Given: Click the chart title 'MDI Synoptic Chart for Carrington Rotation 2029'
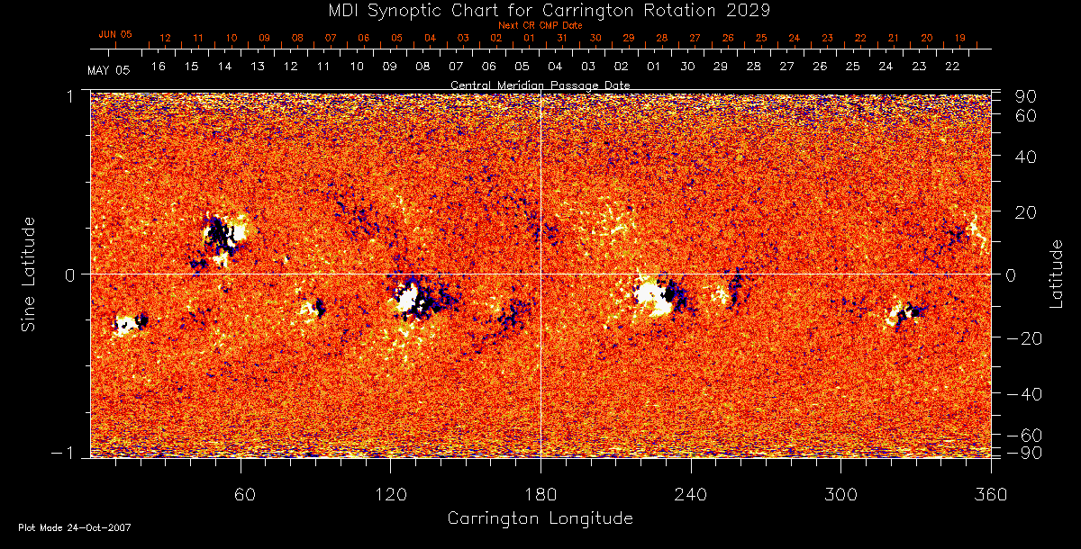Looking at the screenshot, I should [540, 10].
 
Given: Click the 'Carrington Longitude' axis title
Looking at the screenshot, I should [540, 518].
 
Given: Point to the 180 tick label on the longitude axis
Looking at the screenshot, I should [540, 494].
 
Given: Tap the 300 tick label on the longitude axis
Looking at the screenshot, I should [840, 494].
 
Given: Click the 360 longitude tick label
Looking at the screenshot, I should [991, 494].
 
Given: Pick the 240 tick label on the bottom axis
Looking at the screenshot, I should [691, 494].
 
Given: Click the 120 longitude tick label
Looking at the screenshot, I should [391, 494].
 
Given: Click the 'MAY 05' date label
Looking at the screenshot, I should [109, 70].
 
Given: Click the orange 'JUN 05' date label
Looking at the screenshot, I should [115, 34].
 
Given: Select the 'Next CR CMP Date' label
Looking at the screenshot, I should [540, 25].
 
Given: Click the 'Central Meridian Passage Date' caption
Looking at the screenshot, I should [540, 85].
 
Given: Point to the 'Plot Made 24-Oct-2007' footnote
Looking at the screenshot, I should [75, 527].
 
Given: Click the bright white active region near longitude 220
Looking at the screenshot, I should [653, 297].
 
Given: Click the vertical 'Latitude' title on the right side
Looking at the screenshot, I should [1056, 274].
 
